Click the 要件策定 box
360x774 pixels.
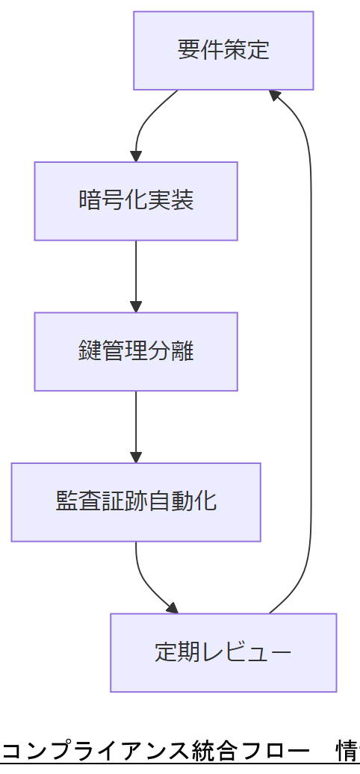point(223,50)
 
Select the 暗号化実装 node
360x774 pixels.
point(136,201)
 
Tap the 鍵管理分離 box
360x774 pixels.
point(136,351)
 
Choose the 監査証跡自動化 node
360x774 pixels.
point(136,502)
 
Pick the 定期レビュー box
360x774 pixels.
point(223,652)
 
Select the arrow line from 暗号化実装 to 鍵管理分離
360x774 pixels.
point(136,273)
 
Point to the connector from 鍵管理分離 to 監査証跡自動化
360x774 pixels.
point(136,423)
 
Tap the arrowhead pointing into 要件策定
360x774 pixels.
point(275,95)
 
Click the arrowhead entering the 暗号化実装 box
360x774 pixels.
point(136,156)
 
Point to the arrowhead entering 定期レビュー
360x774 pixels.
point(173,608)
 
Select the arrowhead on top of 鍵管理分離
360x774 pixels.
point(136,306)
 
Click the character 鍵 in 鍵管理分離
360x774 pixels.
point(90,351)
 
